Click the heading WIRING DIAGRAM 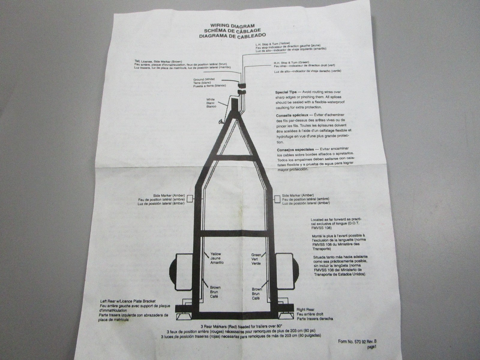[232, 26]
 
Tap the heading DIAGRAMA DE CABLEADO [232, 36]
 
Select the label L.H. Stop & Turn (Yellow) [273, 44]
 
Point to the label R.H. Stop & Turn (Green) [292, 62]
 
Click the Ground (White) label [204, 79]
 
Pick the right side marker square [277, 199]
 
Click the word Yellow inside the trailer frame [216, 254]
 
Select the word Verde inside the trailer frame [256, 264]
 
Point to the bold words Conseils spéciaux [292, 115]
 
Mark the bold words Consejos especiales [295, 150]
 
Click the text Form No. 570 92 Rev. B [357, 341]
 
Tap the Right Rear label [305, 310]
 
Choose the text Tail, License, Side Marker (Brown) [158, 61]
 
